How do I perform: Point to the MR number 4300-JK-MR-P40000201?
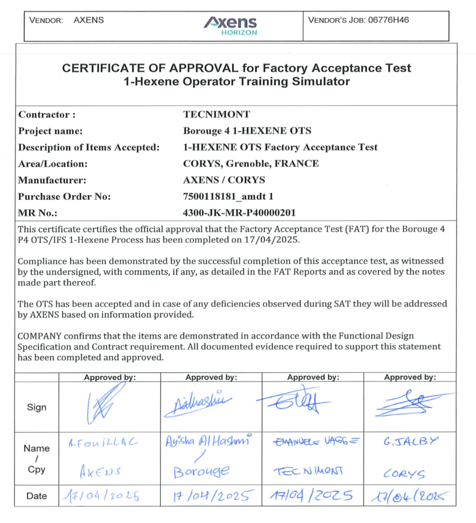(239, 213)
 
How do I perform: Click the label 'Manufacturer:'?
(53, 180)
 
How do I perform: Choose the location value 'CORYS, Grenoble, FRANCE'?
(251, 164)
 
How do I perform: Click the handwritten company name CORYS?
(404, 474)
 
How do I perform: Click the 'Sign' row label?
(37, 407)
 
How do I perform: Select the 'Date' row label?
(37, 496)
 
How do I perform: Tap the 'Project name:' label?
(50, 131)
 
